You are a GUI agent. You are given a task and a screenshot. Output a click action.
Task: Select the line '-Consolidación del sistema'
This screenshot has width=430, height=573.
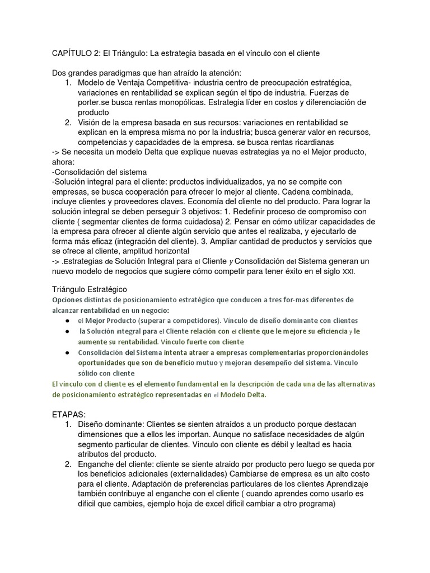[x=99, y=172]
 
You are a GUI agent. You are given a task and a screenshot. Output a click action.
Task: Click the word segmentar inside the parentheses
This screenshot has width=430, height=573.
[x=108, y=221]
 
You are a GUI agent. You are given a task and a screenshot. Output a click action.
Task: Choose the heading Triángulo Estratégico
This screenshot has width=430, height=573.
[x=90, y=289]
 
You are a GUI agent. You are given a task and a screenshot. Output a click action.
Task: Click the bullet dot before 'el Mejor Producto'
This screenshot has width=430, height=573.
[x=67, y=321]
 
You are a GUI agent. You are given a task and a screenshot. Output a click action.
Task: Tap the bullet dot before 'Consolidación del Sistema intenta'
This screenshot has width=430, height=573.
[x=67, y=353]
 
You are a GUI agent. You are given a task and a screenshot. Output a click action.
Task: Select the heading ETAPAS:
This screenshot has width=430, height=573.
[x=69, y=415]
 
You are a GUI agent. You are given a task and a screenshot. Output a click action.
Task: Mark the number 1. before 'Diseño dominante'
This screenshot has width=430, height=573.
[x=68, y=425]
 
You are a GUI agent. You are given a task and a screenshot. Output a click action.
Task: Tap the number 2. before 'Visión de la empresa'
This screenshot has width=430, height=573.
[x=68, y=123]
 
